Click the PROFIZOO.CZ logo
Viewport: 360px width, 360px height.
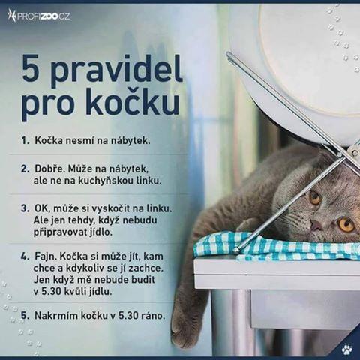tap(38, 16)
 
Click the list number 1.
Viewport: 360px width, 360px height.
tap(25, 141)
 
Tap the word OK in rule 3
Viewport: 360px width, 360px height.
tap(40, 208)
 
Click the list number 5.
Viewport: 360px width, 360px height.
tap(25, 316)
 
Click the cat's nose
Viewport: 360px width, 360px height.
tap(316, 226)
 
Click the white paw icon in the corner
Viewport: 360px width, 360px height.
tap(347, 349)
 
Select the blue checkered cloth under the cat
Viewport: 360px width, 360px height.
tap(276, 246)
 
